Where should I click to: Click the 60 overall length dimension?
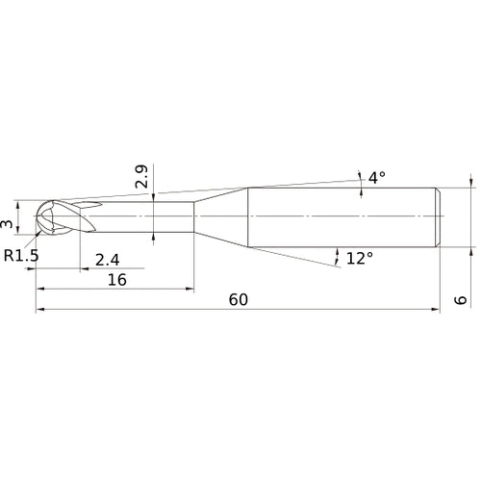pos(239,299)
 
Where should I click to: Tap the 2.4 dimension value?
pos(108,259)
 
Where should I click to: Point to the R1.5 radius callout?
pos(21,256)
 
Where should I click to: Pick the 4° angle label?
pos(376,177)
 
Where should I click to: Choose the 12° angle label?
pos(359,258)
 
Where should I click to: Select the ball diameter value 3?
pos(8,224)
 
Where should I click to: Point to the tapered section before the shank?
pos(221,216)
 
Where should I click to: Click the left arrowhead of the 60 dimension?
pos(39,310)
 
